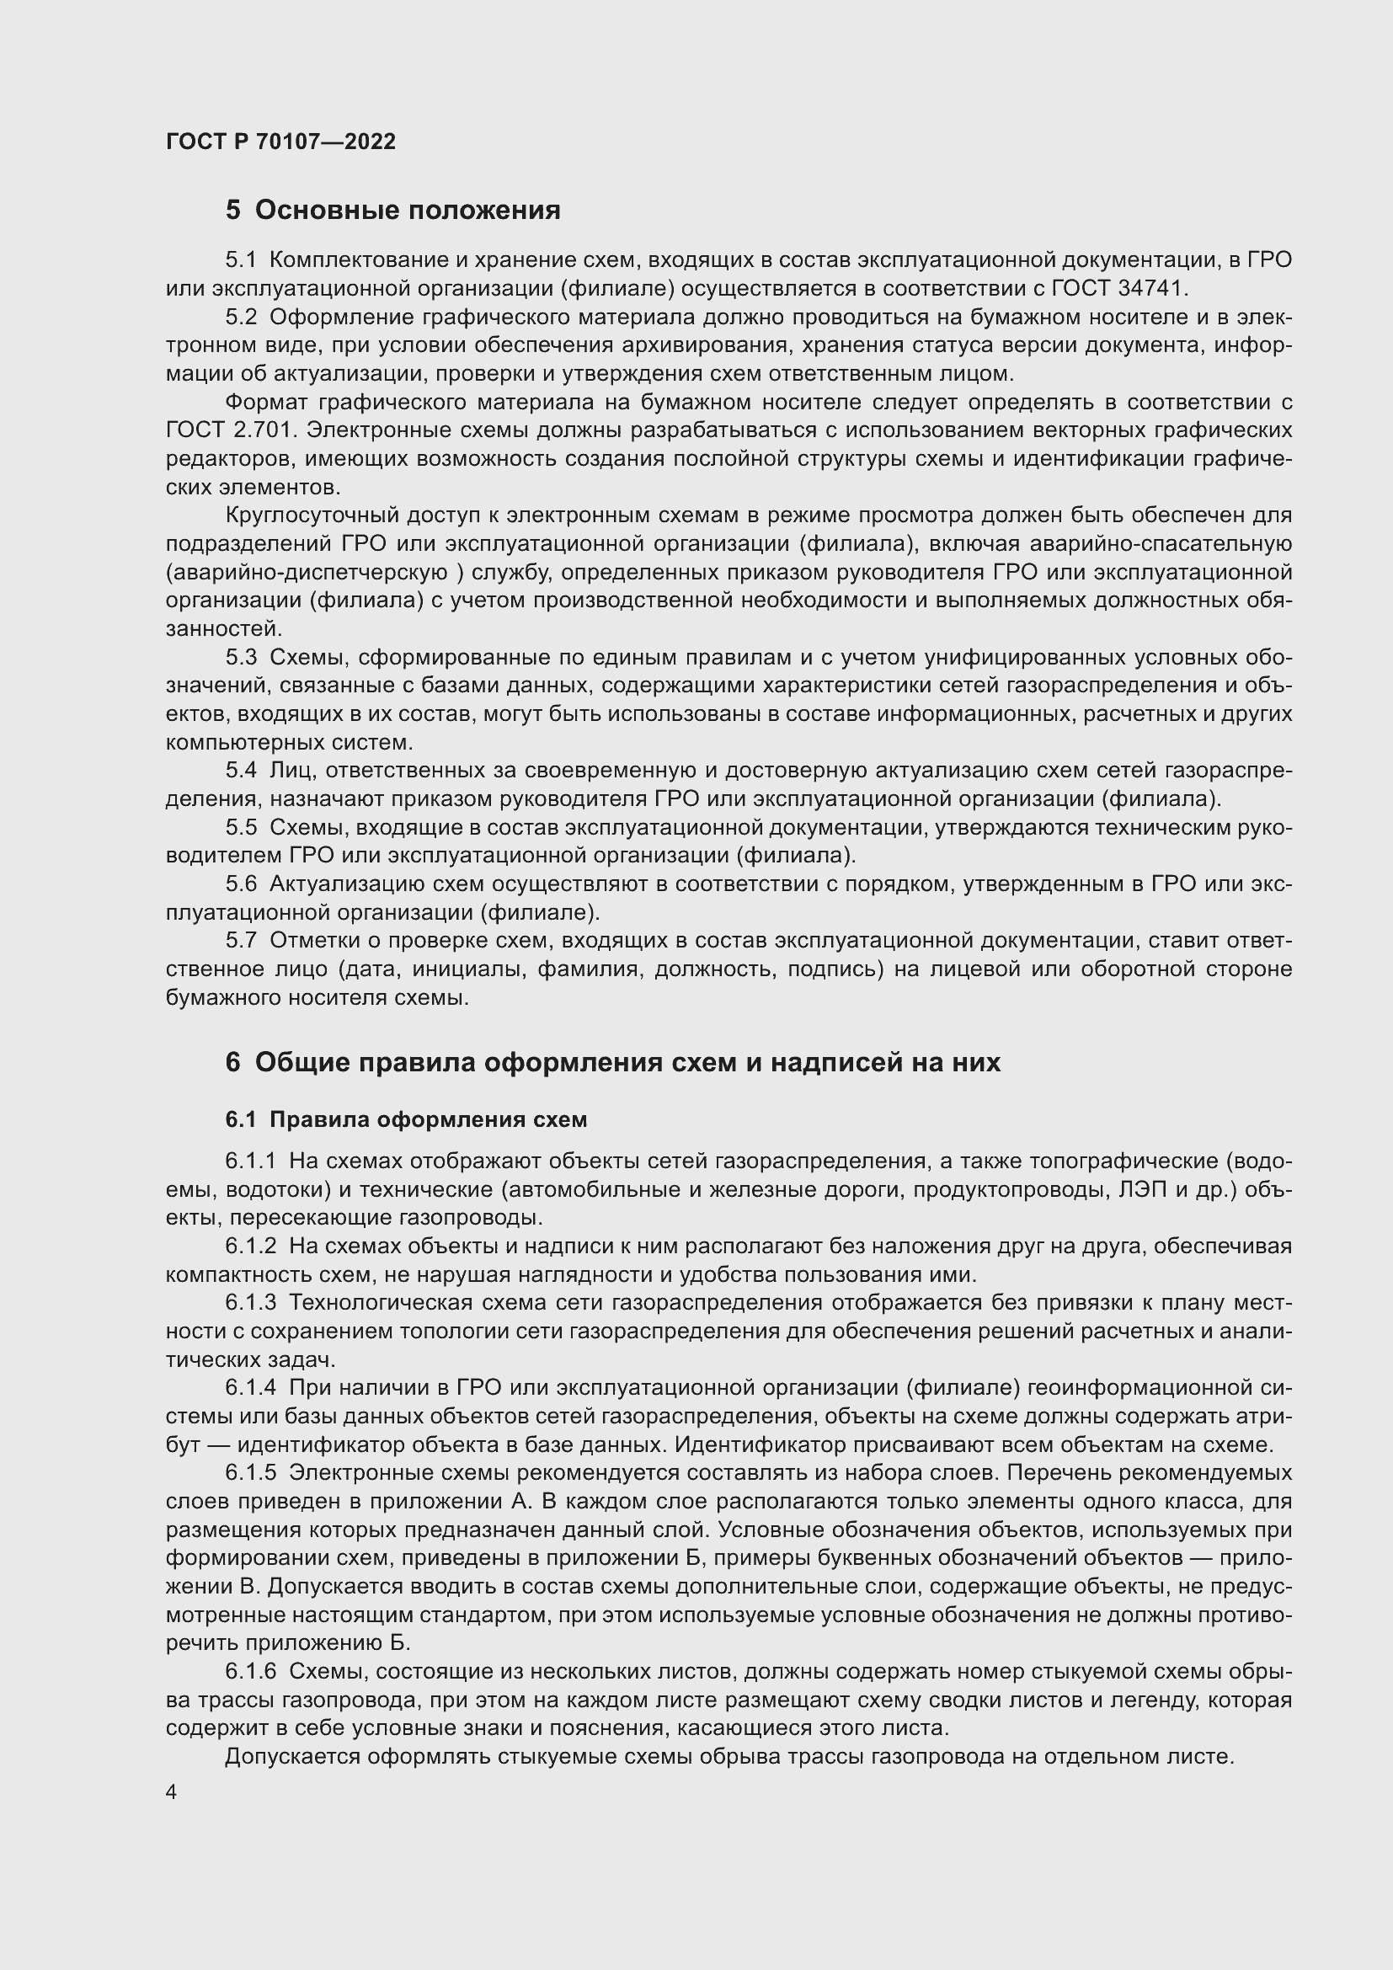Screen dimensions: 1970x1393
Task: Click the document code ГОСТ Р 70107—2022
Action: point(280,141)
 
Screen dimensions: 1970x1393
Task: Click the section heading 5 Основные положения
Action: point(392,211)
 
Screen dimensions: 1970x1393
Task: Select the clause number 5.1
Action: point(241,260)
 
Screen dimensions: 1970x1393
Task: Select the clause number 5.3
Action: point(241,657)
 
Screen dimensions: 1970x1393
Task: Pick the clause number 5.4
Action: point(241,771)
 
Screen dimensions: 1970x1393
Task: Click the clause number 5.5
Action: point(241,827)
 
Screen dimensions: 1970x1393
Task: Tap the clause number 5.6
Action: point(241,884)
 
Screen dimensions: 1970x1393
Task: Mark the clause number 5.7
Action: point(241,941)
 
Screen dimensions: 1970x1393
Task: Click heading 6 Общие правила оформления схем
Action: point(612,1062)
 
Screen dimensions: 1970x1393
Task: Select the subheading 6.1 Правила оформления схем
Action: point(406,1119)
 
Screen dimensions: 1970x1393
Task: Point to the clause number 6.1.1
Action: point(250,1161)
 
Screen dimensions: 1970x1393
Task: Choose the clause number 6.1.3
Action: point(250,1302)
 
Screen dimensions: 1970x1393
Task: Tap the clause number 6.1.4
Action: point(250,1387)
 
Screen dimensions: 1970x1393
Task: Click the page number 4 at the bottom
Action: point(172,1792)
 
